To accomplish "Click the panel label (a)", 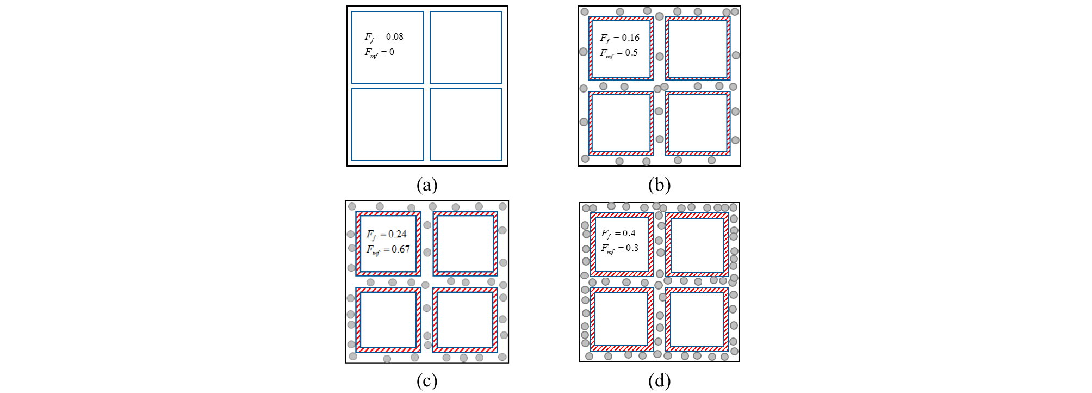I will (427, 185).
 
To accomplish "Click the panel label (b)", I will (659, 185).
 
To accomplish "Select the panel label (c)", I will (427, 382).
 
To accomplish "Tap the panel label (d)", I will (659, 382).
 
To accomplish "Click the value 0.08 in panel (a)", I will (394, 37).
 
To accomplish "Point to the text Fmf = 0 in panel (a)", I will (380, 52).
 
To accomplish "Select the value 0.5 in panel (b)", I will (631, 53).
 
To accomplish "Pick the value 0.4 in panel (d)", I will (629, 233).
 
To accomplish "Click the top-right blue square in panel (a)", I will (466, 47).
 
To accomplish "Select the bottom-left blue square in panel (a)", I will (388, 125).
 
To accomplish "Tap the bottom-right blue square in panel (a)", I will (466, 125).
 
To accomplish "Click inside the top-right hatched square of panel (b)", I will (698, 48).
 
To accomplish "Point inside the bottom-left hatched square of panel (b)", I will (621, 123).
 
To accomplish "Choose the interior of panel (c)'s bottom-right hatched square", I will (465, 320).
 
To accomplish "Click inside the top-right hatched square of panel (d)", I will (697, 245).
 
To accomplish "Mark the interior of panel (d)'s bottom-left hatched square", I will (622, 319).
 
